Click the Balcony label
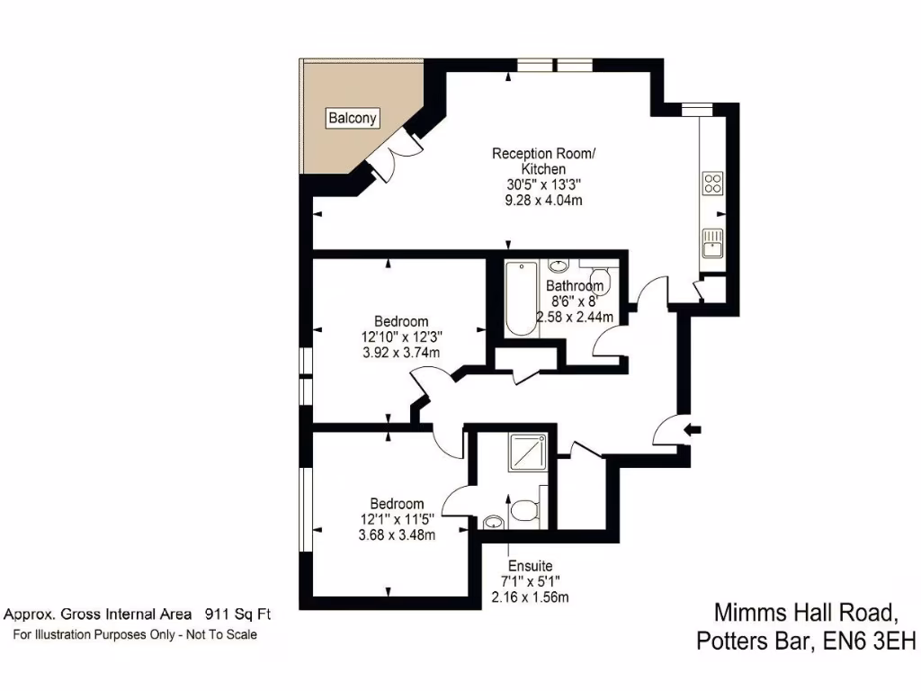(353, 118)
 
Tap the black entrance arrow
(693, 430)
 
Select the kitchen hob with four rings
(712, 184)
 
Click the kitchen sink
(712, 244)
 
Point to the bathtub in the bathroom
(520, 299)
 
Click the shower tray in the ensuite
(527, 453)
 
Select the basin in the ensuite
(493, 522)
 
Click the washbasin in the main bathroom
(559, 265)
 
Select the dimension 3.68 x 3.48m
(397, 535)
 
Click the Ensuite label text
(530, 566)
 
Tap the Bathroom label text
(575, 286)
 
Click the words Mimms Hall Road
(805, 614)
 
